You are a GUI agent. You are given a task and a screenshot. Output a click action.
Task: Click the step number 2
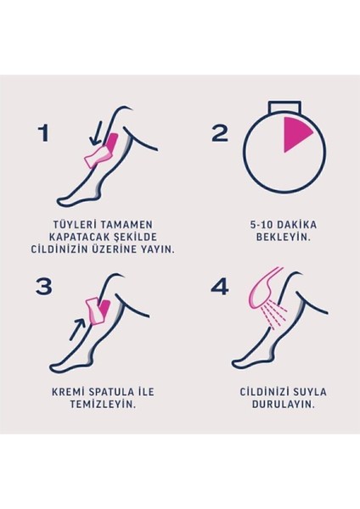pyautogui.click(x=219, y=132)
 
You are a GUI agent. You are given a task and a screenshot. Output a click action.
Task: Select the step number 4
pyautogui.click(x=219, y=286)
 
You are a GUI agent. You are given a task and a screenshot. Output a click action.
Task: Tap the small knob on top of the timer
pyautogui.click(x=284, y=105)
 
